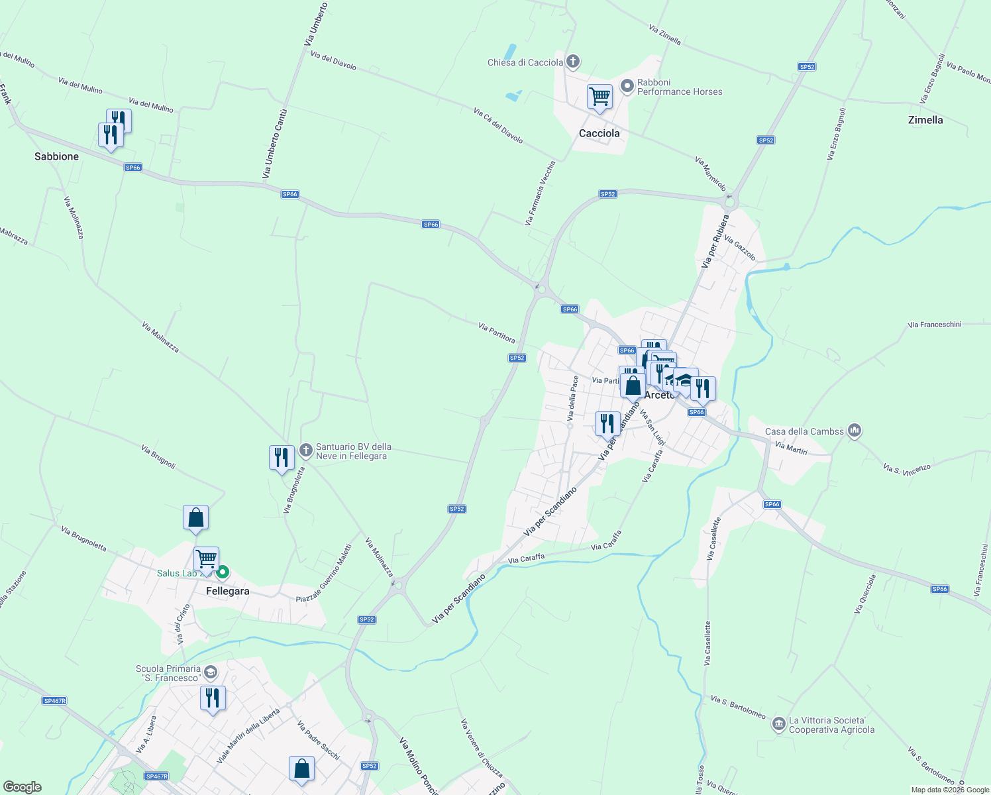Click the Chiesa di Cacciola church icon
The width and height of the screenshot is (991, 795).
(x=573, y=62)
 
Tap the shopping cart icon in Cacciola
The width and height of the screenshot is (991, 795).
(x=600, y=97)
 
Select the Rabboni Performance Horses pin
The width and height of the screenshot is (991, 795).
(x=627, y=86)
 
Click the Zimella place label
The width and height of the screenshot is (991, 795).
(x=925, y=120)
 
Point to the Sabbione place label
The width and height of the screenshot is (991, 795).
(x=57, y=156)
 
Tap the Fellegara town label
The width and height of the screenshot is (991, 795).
(x=228, y=591)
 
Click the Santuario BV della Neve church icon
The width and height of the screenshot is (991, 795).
(x=305, y=450)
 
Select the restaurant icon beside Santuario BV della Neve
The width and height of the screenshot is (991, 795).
(x=282, y=458)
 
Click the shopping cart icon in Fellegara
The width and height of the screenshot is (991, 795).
(x=206, y=560)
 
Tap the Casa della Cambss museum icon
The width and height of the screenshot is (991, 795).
(x=855, y=431)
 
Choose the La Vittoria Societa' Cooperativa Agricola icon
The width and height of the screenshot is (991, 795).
(x=779, y=724)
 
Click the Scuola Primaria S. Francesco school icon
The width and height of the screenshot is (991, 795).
(x=210, y=672)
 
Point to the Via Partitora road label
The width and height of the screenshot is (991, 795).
(x=497, y=333)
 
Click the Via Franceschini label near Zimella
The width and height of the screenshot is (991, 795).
(x=935, y=325)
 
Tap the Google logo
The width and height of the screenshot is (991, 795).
(x=23, y=787)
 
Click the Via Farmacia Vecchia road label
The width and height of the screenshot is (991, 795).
(x=539, y=193)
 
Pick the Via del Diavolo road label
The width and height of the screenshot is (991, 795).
(x=333, y=61)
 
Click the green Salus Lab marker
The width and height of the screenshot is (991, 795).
(x=223, y=572)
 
